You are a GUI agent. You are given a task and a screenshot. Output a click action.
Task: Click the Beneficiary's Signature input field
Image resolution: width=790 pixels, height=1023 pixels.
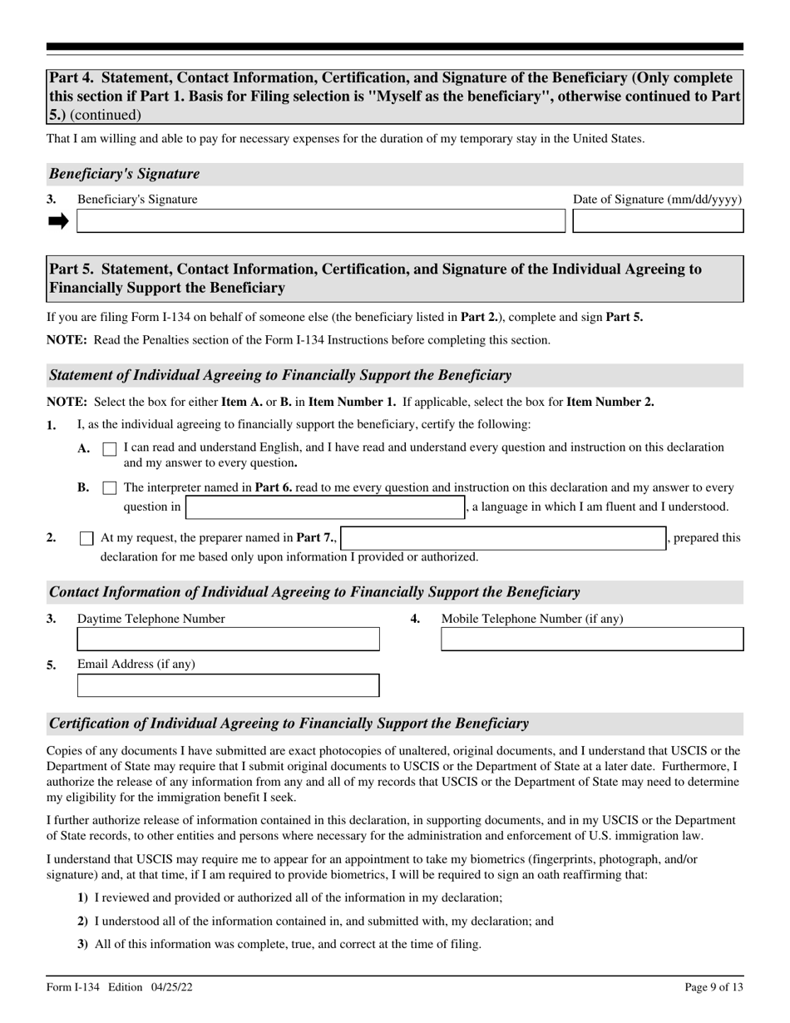tap(320, 221)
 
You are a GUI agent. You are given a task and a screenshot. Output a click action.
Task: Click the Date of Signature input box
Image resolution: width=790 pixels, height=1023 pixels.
tap(658, 221)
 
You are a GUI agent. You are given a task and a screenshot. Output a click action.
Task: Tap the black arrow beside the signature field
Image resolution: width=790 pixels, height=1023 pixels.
tap(58, 221)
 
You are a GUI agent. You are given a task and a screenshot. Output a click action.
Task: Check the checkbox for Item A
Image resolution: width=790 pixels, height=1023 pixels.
tap(109, 449)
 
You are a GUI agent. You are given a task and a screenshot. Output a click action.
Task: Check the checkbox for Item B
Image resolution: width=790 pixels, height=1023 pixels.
tap(109, 488)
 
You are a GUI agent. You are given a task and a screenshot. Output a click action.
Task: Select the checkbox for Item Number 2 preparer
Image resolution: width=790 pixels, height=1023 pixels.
tap(86, 538)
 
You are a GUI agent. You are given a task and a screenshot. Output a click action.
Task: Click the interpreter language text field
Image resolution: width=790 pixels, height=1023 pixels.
tap(324, 507)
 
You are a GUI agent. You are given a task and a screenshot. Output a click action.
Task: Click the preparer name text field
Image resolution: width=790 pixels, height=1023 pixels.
tap(504, 538)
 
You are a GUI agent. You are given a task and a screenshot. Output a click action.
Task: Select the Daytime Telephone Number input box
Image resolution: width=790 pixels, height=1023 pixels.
tap(228, 640)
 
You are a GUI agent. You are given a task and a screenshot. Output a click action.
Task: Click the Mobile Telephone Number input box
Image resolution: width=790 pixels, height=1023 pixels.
tap(592, 640)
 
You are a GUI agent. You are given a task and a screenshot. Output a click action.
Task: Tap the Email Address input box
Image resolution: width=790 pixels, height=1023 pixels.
tap(228, 685)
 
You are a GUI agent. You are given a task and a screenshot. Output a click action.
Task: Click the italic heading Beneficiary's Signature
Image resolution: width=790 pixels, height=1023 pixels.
tap(125, 174)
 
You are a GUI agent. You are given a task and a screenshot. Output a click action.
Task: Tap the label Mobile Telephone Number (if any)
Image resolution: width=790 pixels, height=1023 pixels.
tap(531, 619)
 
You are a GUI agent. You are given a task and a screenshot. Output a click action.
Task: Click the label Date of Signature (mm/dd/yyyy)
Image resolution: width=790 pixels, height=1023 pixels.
tap(657, 200)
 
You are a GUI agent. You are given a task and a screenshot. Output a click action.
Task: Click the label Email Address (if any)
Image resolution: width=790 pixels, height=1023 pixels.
tap(136, 665)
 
